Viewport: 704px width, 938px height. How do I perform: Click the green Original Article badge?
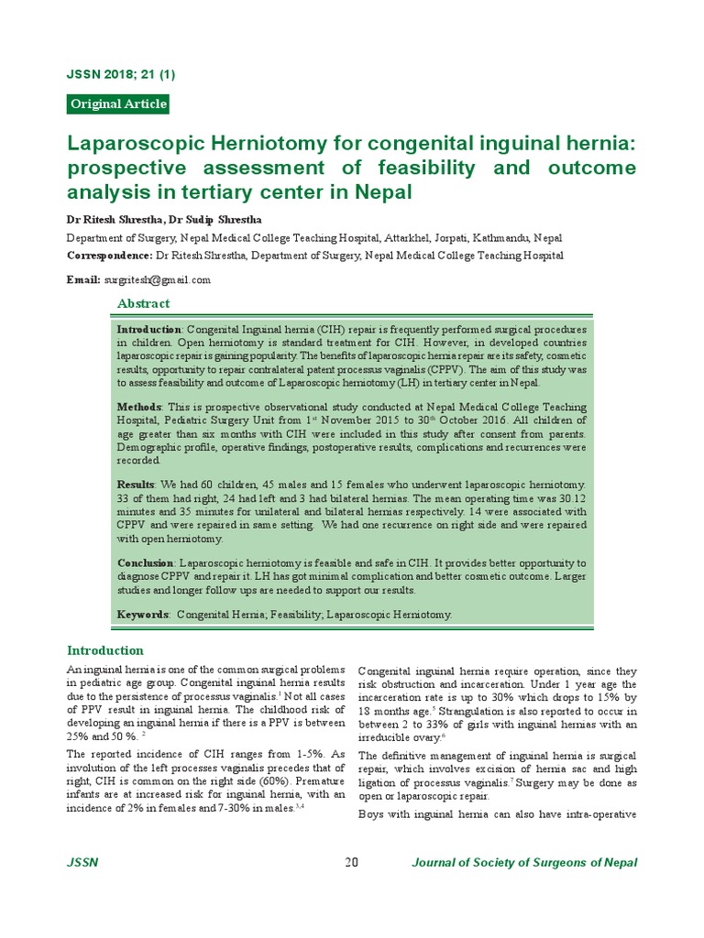pyautogui.click(x=118, y=104)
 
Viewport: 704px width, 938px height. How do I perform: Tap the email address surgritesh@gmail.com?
pyautogui.click(x=158, y=279)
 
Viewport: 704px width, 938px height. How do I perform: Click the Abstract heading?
pyautogui.click(x=143, y=303)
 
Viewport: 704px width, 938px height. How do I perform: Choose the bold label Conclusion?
pyautogui.click(x=146, y=562)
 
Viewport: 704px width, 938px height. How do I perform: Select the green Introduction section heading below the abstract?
pyautogui.click(x=105, y=650)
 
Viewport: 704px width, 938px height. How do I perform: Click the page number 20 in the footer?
pyautogui.click(x=351, y=863)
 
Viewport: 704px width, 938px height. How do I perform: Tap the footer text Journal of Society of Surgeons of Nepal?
pyautogui.click(x=524, y=863)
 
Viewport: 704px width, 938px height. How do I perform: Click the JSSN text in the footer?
pyautogui.click(x=82, y=863)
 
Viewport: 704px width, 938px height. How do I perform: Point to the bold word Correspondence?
pyautogui.click(x=109, y=256)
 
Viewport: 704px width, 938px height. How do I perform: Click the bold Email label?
pyautogui.click(x=82, y=279)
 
